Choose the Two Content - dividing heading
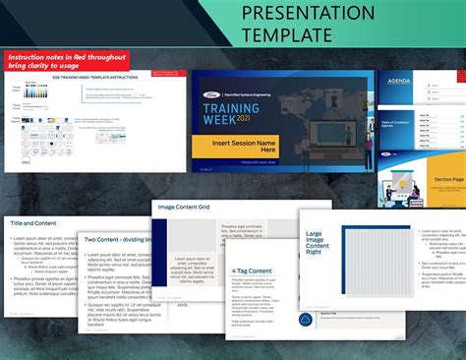[117, 239]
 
